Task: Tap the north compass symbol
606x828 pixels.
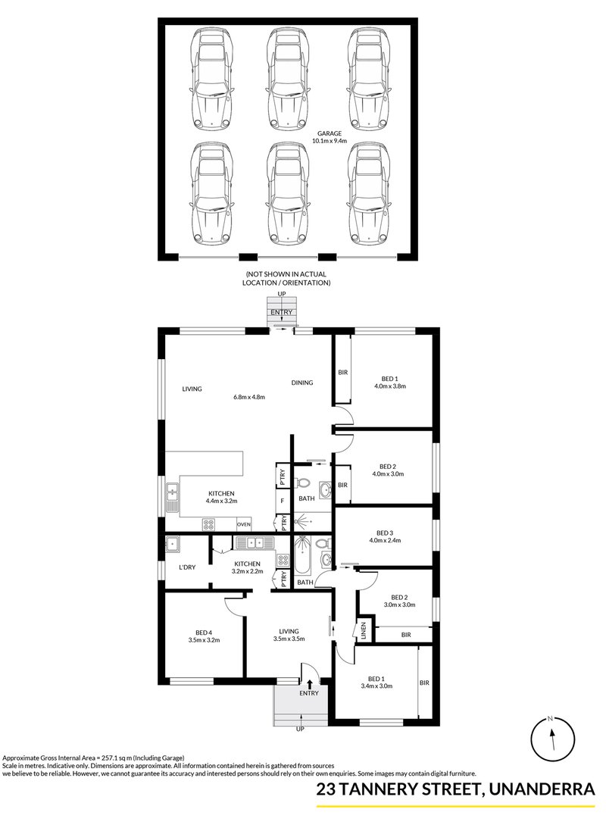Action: point(552,736)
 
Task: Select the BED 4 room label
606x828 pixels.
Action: point(203,636)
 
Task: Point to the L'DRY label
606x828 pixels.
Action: point(187,567)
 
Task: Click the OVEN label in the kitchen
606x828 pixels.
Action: point(243,524)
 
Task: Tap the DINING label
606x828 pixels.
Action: point(302,383)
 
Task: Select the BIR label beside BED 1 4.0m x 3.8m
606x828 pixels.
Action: point(342,372)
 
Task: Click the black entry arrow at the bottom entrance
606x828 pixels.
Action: point(309,683)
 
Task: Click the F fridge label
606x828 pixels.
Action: point(282,501)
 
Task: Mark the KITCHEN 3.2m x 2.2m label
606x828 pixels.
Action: point(248,568)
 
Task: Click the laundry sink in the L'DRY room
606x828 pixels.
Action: point(173,542)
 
